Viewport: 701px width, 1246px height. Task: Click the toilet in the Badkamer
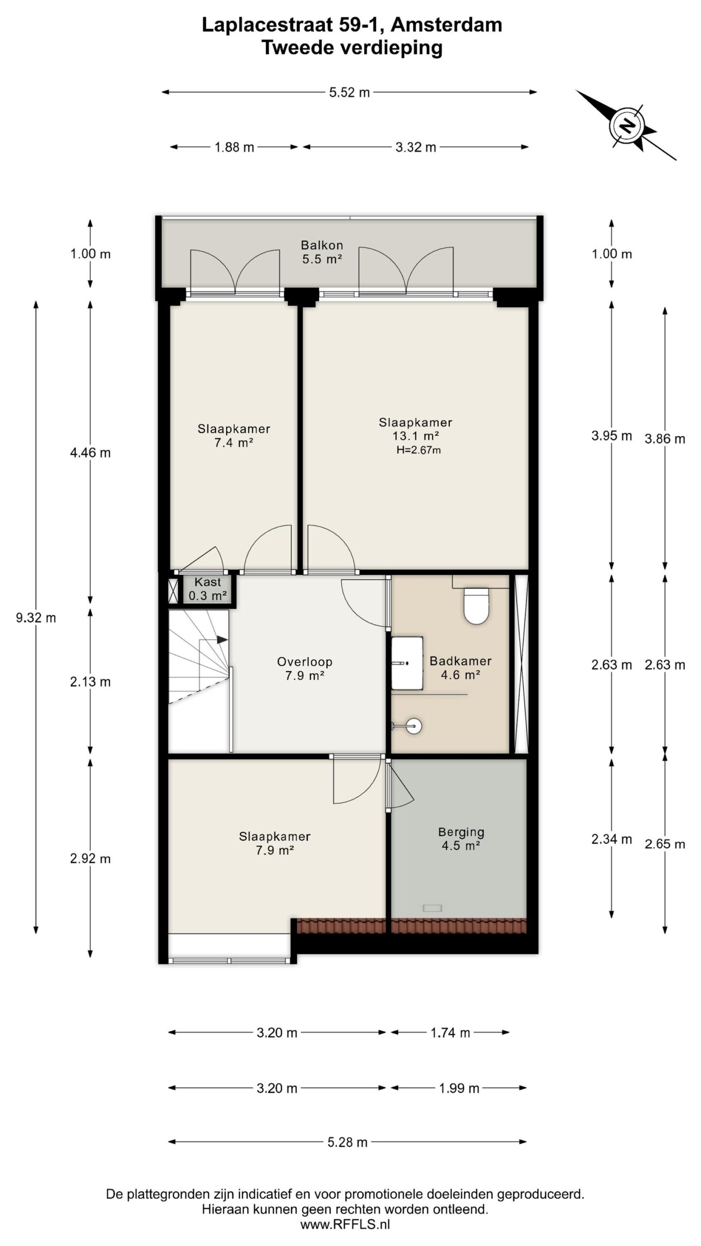click(x=476, y=605)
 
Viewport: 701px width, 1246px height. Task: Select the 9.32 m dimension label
click(x=36, y=618)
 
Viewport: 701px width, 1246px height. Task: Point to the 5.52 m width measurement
click(x=350, y=92)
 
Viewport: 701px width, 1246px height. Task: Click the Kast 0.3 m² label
click(x=208, y=588)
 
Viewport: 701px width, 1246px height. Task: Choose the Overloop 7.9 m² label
click(x=305, y=668)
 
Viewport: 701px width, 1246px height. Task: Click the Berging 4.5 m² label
click(x=461, y=838)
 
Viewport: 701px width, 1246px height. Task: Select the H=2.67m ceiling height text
click(x=419, y=450)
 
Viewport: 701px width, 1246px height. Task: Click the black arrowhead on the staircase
click(x=222, y=640)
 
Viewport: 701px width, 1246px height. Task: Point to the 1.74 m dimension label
click(x=450, y=1032)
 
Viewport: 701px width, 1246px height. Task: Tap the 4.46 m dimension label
click(x=91, y=453)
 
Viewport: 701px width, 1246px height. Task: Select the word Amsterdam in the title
click(x=446, y=25)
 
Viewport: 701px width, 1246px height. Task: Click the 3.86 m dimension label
click(x=665, y=439)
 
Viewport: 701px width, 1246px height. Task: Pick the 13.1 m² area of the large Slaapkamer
click(x=416, y=436)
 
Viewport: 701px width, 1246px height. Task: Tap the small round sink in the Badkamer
click(x=413, y=726)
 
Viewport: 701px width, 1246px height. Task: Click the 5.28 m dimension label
click(x=347, y=1142)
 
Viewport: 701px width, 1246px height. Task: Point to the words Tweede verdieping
click(x=352, y=48)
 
